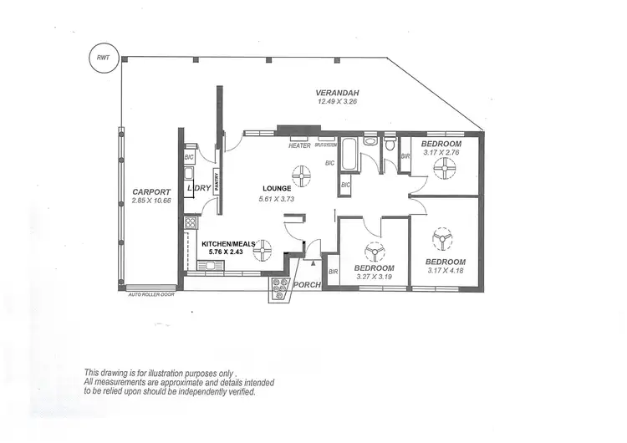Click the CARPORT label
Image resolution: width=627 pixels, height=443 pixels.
(150, 191)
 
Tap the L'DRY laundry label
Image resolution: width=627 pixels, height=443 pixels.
(199, 188)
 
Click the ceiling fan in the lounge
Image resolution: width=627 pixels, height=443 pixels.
(301, 174)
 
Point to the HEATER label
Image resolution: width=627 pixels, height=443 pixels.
(299, 145)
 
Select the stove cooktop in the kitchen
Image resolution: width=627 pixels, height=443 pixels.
(190, 223)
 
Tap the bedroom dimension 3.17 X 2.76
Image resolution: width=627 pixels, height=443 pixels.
(443, 153)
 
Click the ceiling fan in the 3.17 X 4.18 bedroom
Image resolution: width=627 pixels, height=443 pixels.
(440, 240)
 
